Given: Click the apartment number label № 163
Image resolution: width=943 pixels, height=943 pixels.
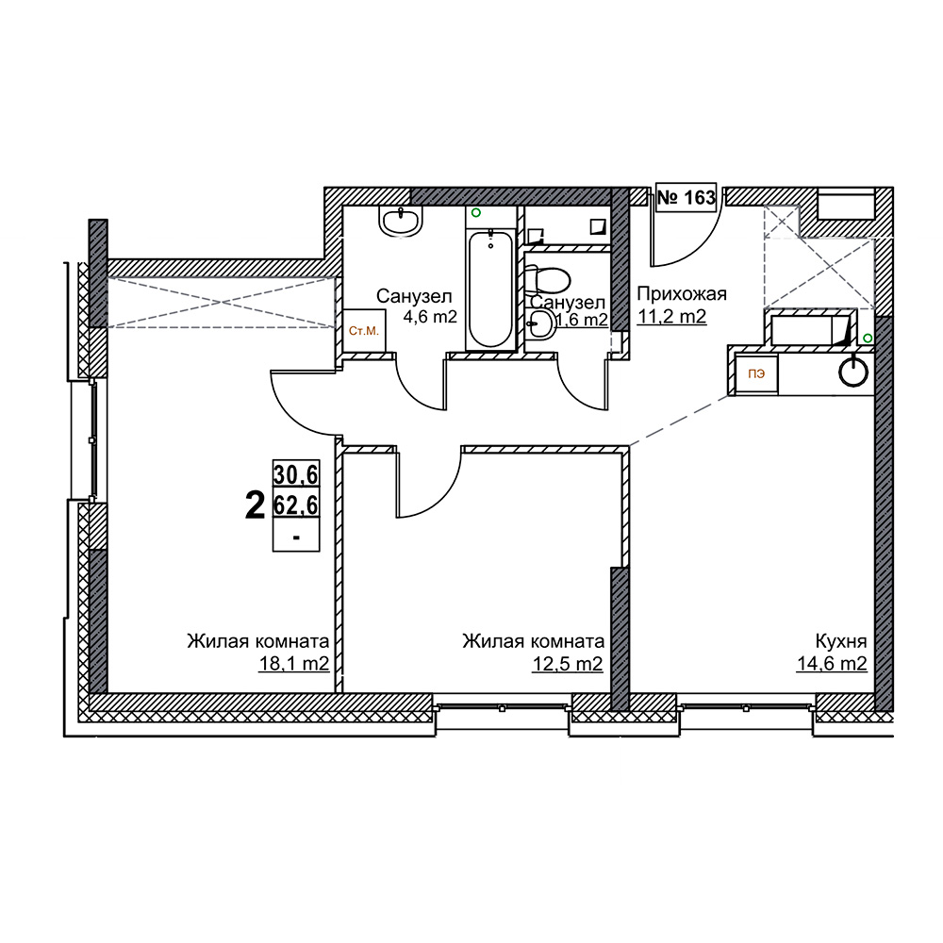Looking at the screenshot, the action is (x=687, y=197).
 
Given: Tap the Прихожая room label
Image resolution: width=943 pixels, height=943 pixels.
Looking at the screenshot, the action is (x=682, y=293).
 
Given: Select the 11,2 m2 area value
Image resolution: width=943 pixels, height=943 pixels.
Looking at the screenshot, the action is (x=671, y=316).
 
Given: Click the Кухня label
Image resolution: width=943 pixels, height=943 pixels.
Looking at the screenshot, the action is (x=841, y=641).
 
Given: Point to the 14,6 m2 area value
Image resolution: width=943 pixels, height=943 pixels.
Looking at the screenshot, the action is (x=832, y=663).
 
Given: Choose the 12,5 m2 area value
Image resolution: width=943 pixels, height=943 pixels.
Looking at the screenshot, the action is (x=567, y=663).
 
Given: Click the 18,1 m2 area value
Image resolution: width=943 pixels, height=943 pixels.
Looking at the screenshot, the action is (x=294, y=663).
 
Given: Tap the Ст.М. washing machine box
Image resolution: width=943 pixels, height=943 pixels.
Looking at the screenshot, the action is (x=364, y=331).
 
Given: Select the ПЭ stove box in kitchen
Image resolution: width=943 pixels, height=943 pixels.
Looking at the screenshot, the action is (x=756, y=374).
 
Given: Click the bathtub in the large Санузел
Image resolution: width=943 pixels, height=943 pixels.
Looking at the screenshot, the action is (x=490, y=290).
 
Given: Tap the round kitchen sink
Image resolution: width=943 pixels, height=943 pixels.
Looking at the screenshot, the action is (x=853, y=371).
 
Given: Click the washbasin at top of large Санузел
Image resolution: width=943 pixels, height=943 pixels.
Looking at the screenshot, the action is (x=401, y=220).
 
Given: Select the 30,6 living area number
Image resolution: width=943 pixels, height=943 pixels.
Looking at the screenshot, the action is (x=296, y=474).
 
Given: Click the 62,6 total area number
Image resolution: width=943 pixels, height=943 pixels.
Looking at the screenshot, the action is (x=296, y=504).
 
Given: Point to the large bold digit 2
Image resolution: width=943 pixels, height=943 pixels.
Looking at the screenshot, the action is (x=255, y=505).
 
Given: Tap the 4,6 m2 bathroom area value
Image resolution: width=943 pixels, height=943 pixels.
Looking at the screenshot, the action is (x=430, y=316).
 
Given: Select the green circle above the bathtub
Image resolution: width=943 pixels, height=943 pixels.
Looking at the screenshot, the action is (x=476, y=212).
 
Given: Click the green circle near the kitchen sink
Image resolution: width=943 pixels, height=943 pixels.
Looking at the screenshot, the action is (x=868, y=339).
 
